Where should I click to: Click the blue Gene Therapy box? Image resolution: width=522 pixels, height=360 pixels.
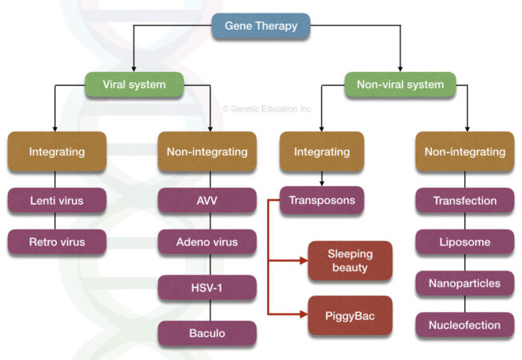click(x=261, y=26)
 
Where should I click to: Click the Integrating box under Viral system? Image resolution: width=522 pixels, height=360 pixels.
click(x=56, y=152)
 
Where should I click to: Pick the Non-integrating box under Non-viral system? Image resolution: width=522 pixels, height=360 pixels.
click(x=465, y=152)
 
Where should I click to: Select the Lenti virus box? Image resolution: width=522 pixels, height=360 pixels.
click(x=56, y=201)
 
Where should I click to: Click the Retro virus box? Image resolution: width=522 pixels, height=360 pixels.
click(x=56, y=242)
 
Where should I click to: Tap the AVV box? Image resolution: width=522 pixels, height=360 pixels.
click(x=207, y=201)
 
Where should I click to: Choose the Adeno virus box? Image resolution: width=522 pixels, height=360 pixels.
click(x=207, y=242)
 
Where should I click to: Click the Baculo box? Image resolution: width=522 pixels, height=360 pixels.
click(x=207, y=333)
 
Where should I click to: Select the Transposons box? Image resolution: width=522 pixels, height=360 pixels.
click(x=322, y=201)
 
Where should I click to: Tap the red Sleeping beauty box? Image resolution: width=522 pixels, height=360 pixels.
click(x=350, y=261)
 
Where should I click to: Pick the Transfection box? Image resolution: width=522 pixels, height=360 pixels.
click(x=465, y=201)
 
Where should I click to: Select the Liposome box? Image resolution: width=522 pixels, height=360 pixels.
click(x=465, y=242)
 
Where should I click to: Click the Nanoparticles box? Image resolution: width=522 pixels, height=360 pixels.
click(x=465, y=283)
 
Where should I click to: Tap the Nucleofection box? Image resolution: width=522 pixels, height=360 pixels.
click(x=465, y=325)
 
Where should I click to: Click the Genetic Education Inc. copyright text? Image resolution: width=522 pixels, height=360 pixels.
click(x=267, y=109)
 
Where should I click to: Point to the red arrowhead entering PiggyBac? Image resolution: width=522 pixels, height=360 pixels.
click(x=304, y=314)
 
